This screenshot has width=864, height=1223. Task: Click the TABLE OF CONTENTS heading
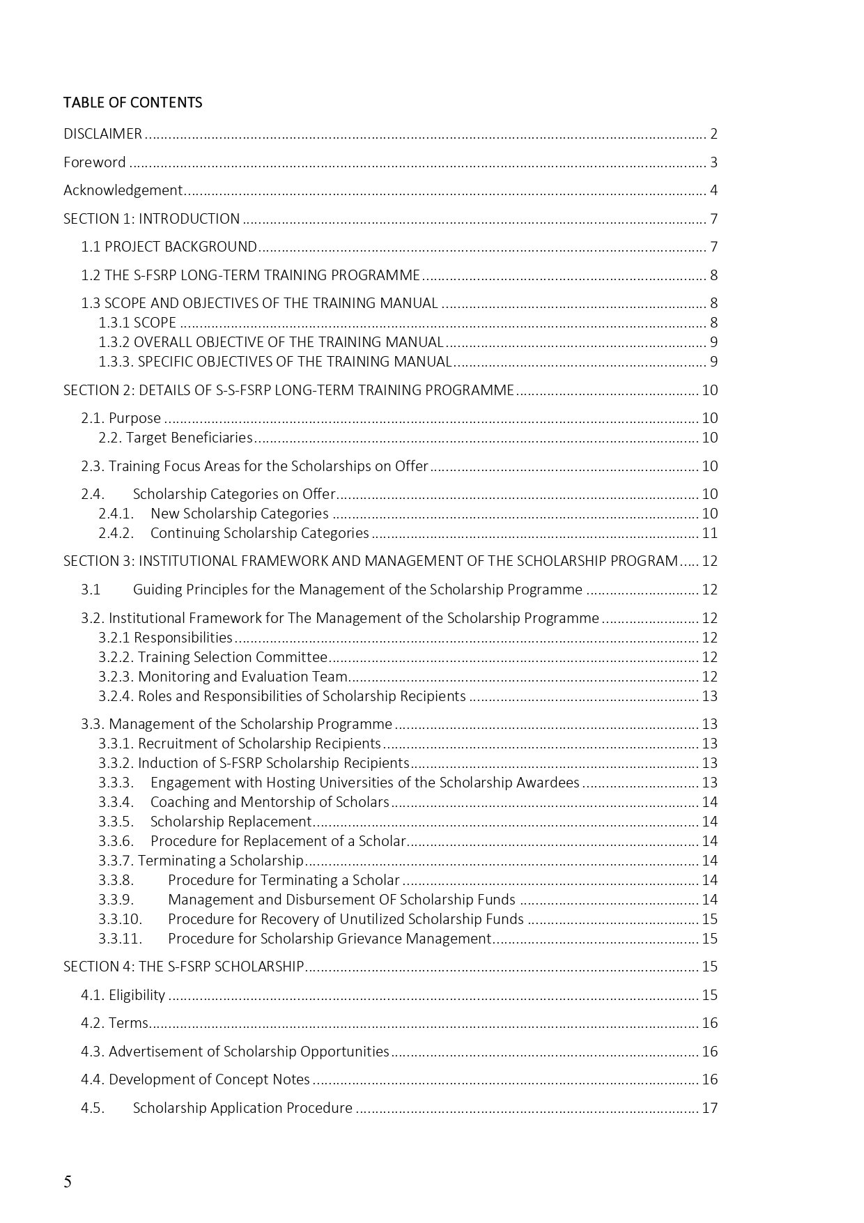pos(132,102)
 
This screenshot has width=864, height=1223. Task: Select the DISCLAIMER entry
pos(102,134)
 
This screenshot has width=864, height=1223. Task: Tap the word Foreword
pos(95,162)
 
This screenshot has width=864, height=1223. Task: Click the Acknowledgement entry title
pos(123,190)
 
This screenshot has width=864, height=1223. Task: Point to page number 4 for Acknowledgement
pos(713,190)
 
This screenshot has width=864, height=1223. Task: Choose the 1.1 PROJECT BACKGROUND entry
pos(169,247)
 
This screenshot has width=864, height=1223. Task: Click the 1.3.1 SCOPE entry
pos(137,323)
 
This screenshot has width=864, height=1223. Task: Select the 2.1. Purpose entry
pos(121,418)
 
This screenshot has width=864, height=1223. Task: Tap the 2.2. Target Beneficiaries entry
pos(176,438)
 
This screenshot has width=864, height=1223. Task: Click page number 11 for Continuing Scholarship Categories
pos(709,533)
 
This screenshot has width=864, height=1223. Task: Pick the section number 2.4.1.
pos(116,514)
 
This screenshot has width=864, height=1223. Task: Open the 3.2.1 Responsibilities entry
pos(166,638)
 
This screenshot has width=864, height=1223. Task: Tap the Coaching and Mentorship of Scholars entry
pos(270,802)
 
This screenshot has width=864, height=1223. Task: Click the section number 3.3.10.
pos(120,919)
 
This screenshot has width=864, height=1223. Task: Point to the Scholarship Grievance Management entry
pos(330,939)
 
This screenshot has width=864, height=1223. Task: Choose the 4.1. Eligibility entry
pos(123,995)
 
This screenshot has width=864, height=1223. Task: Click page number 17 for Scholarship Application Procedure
pos(709,1108)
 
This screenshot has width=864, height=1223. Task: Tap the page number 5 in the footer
pos(68,1182)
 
